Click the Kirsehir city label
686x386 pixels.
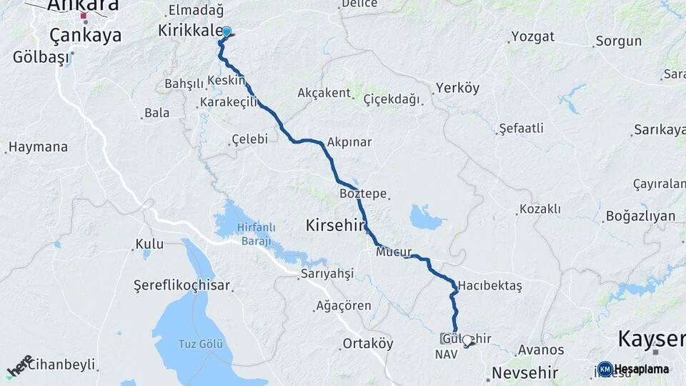(335, 225)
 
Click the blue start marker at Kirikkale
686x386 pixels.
(227, 31)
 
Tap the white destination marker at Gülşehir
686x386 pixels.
(467, 340)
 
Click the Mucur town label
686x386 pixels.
(391, 252)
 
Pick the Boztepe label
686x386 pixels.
(362, 194)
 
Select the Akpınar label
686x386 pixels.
(349, 142)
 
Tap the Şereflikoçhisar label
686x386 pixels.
(182, 286)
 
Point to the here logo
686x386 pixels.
(20, 366)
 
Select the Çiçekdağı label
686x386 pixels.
(392, 99)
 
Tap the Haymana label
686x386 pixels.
(39, 147)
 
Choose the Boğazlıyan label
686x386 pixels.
(640, 216)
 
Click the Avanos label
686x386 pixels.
(541, 350)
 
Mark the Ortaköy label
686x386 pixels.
(368, 344)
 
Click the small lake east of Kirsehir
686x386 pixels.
(427, 217)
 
